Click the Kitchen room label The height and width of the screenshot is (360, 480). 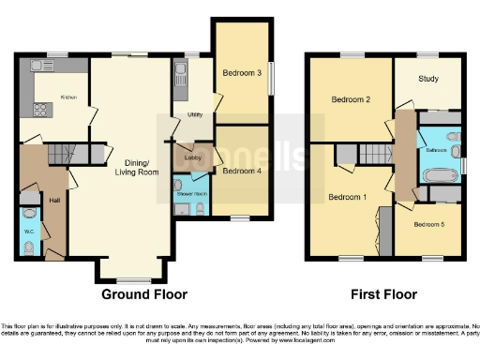69,97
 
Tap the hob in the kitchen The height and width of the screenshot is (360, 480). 42,110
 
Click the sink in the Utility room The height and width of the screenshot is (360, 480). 180,69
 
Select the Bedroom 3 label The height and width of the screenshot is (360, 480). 241,72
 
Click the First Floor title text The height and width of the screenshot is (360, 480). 383,294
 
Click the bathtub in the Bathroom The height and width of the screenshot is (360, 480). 439,174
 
